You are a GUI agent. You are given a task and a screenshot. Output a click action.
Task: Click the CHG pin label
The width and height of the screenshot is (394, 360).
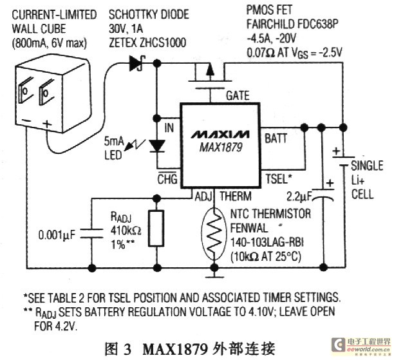coord(167,178)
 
